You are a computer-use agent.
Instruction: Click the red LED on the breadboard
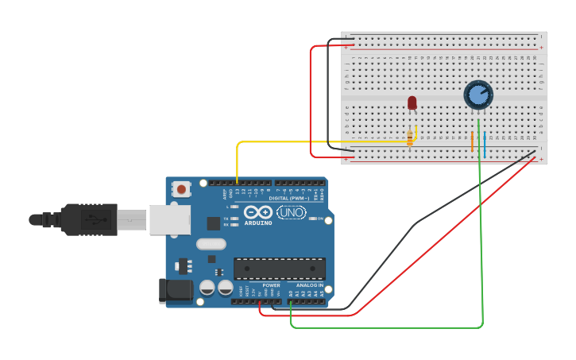pyautogui.click(x=412, y=103)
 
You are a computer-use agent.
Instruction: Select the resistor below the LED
pyautogui.click(x=410, y=138)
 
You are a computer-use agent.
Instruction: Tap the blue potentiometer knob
pyautogui.click(x=477, y=95)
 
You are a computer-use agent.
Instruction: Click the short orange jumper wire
pyautogui.click(x=472, y=142)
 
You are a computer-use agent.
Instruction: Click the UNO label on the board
pyautogui.click(x=291, y=212)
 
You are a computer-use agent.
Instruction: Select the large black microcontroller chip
pyautogui.click(x=279, y=269)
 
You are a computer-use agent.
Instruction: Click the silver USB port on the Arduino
pyautogui.click(x=169, y=219)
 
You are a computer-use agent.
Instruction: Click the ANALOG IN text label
pyautogui.click(x=310, y=285)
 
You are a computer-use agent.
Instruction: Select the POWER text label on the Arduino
pyautogui.click(x=271, y=285)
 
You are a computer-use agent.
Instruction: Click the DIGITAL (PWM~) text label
pyautogui.click(x=289, y=198)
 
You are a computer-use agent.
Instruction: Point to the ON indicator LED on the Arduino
pyautogui.click(x=313, y=219)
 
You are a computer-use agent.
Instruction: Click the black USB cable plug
pyautogui.click(x=87, y=219)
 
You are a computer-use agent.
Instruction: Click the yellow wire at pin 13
pyautogui.click(x=237, y=163)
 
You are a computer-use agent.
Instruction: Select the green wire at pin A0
pyautogui.click(x=291, y=314)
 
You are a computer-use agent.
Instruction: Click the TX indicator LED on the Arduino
pyautogui.click(x=235, y=218)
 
